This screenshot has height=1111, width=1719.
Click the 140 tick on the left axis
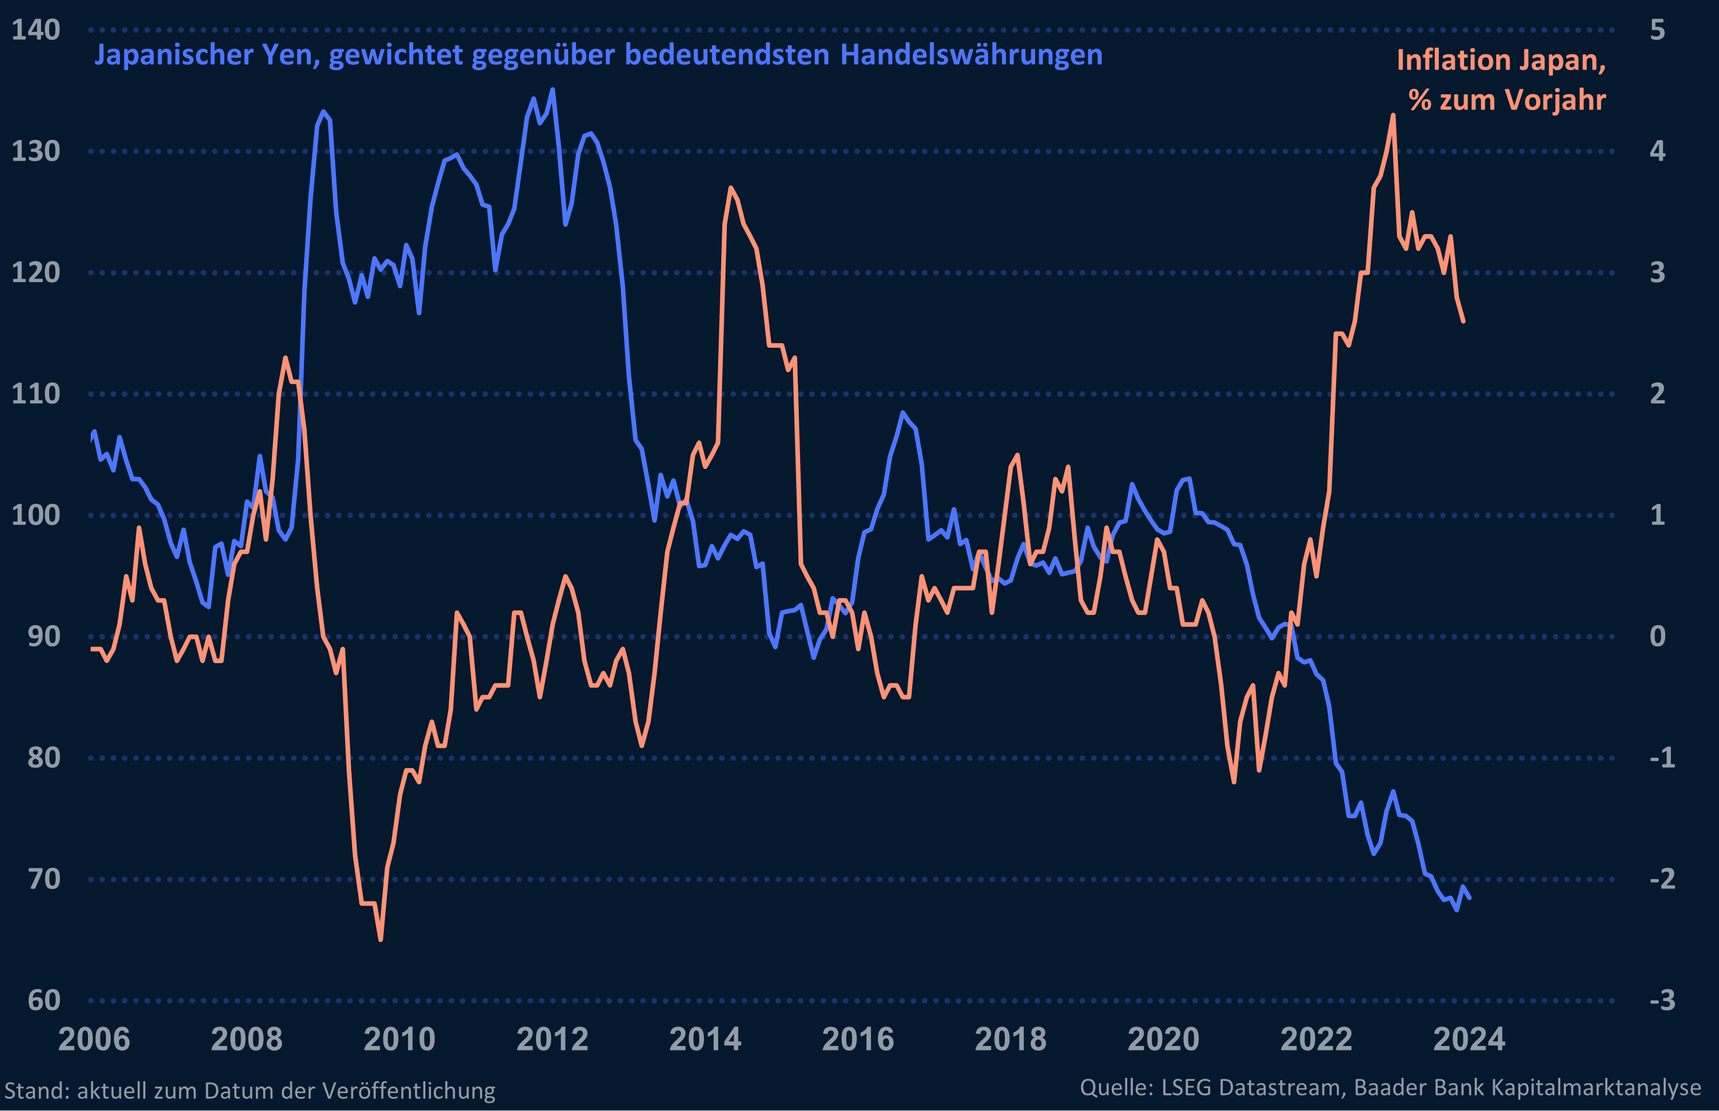click(x=35, y=30)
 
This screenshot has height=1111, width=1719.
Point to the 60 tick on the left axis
click(x=44, y=1000)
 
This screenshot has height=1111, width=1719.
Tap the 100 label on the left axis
click(x=35, y=515)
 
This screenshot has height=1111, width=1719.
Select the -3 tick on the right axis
click(x=1662, y=1000)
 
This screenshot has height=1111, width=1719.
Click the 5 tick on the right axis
click(x=1657, y=30)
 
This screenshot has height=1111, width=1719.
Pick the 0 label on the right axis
click(x=1657, y=636)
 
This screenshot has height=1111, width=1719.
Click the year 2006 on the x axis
click(x=94, y=1039)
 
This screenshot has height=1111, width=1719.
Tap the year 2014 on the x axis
click(x=705, y=1039)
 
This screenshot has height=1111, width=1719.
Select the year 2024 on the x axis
click(x=1469, y=1039)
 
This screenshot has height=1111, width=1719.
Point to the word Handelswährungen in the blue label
click(x=971, y=55)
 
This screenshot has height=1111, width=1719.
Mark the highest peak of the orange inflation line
click(x=1393, y=115)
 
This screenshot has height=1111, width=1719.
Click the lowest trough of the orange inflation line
click(x=381, y=939)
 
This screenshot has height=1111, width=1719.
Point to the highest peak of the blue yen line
click(x=552, y=90)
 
